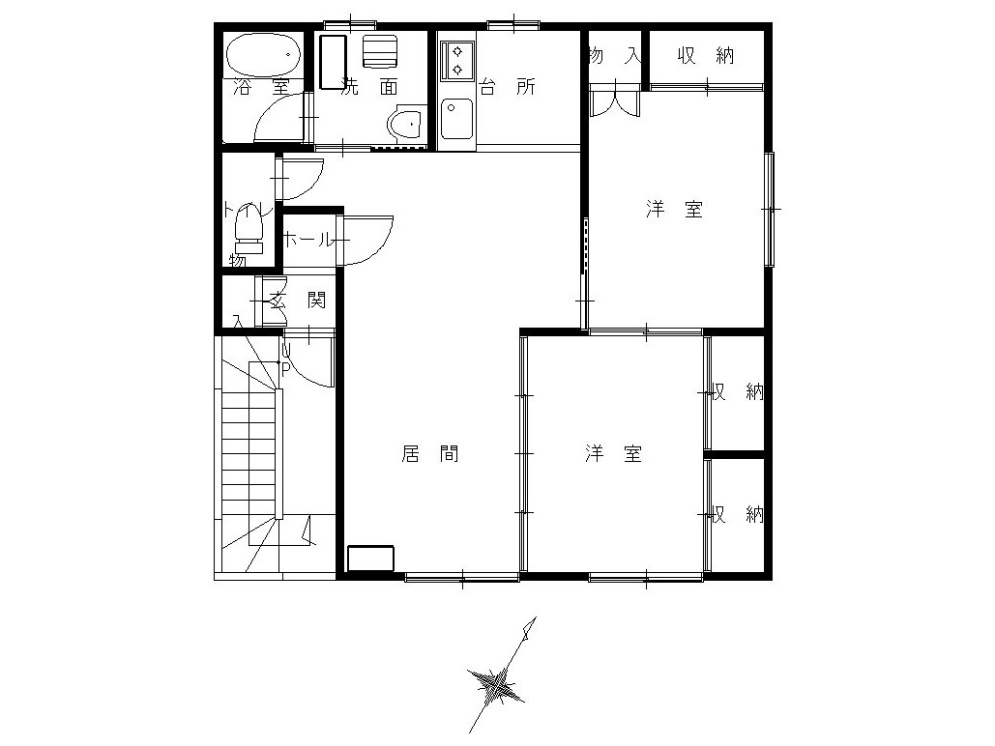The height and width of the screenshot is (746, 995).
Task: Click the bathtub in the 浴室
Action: coord(264,54)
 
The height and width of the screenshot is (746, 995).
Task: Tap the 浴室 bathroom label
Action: coord(261,87)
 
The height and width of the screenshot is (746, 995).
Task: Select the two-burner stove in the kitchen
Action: coord(456,60)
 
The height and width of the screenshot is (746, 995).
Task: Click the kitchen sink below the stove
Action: coord(456,119)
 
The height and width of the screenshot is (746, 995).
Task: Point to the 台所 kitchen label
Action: coord(507,86)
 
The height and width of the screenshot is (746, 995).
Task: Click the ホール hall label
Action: coord(307,240)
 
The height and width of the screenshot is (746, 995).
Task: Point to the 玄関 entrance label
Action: coord(298,301)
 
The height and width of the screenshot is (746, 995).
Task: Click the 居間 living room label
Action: coord(430,453)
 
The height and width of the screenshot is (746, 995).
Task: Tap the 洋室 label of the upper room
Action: coord(675,209)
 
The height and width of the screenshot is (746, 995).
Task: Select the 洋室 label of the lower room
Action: coord(614,453)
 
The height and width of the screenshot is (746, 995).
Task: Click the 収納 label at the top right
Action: coord(706,56)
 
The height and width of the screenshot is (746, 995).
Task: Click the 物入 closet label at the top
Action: coord(615,56)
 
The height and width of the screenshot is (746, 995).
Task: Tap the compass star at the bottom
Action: coord(496,685)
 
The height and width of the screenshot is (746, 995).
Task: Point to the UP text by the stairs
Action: coord(285,359)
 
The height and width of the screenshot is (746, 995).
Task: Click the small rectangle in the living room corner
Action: coord(370,559)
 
